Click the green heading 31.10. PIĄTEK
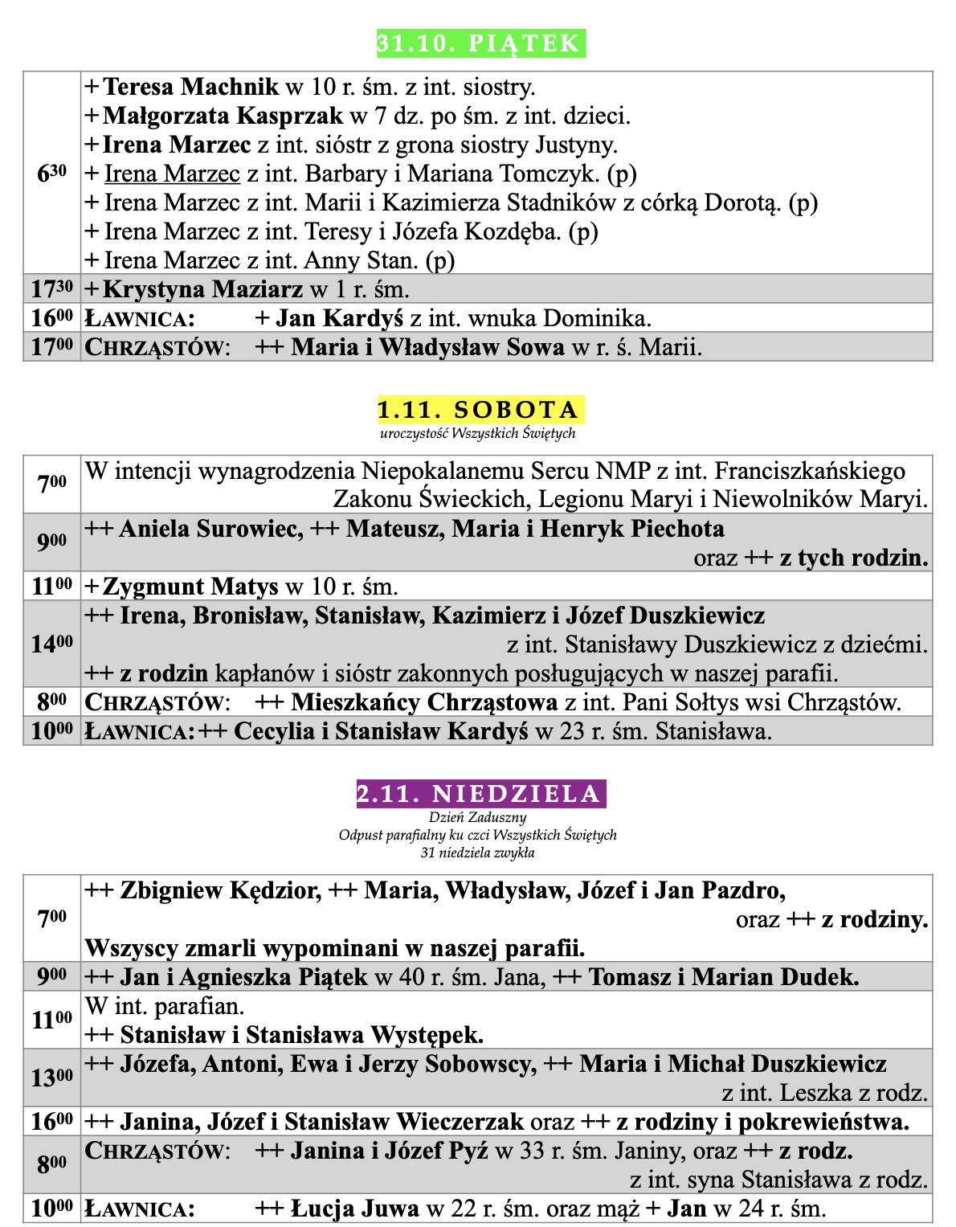point(480,43)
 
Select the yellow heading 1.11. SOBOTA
point(480,410)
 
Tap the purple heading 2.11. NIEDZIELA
point(480,794)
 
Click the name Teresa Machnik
point(191,87)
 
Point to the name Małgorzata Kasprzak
point(223,116)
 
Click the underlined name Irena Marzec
point(173,174)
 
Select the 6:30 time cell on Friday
point(52,173)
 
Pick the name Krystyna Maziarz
point(202,289)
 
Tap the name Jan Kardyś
point(339,318)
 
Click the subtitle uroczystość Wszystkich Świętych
point(478,434)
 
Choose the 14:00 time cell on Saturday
point(52,644)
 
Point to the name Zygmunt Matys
point(190,587)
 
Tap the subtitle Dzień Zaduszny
point(477,818)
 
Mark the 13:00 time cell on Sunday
point(52,1078)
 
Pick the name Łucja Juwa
point(355,1209)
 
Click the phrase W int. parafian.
point(165,1005)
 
